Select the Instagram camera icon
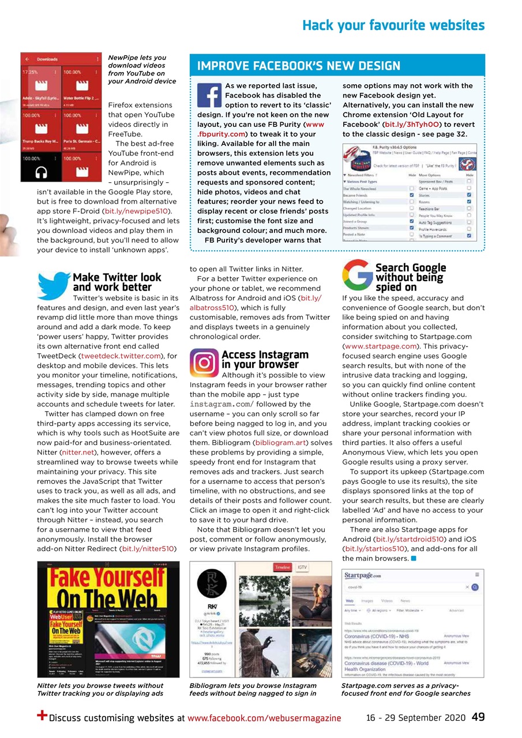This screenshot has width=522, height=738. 204,362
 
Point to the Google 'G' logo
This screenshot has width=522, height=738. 357,275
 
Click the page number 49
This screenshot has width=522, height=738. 478,717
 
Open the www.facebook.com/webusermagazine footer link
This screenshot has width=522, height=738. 264,718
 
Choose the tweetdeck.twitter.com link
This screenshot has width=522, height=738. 120,356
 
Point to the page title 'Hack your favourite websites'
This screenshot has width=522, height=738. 393,25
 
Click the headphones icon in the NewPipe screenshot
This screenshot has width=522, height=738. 40,171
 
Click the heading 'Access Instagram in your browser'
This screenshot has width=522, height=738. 264,360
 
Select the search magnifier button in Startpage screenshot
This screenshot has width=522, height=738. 475,587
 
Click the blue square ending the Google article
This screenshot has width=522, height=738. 414,559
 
